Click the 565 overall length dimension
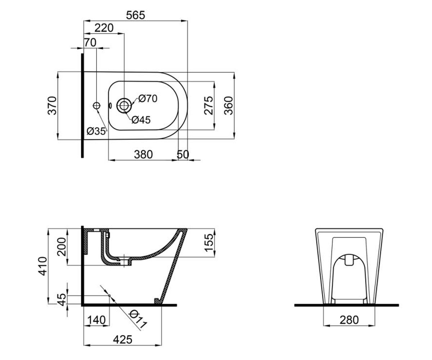click(135, 15)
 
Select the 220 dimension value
click(104, 28)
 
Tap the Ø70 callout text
click(148, 99)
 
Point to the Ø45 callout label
click(141, 120)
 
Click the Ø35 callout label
click(96, 131)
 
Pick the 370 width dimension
click(52, 105)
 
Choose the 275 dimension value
click(208, 105)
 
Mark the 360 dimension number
click(228, 105)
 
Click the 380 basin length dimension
click(143, 154)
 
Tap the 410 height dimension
click(43, 266)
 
